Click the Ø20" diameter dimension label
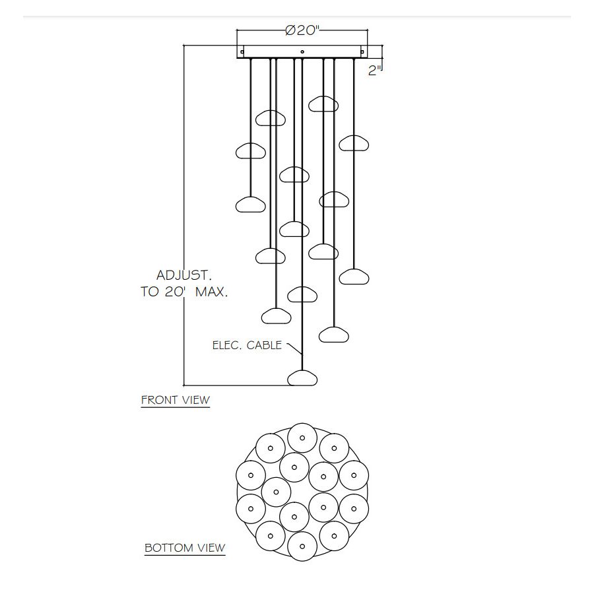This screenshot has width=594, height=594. (x=302, y=30)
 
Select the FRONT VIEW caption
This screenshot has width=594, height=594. (x=176, y=400)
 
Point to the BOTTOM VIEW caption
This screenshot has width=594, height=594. (x=185, y=548)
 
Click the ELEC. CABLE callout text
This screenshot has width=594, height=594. (x=247, y=345)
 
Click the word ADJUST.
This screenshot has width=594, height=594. (x=184, y=275)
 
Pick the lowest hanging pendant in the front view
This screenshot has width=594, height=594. (x=302, y=378)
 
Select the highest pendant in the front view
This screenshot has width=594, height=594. (x=323, y=104)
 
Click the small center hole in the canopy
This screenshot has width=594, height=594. (x=302, y=51)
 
